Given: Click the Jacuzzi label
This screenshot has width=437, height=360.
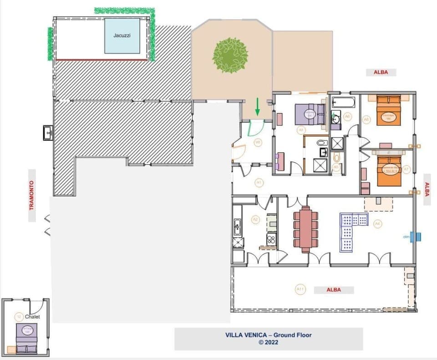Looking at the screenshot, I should point(122,35).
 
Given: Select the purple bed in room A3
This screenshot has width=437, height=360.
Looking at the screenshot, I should point(310,114).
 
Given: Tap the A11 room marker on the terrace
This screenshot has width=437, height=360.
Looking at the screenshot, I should point(300,289).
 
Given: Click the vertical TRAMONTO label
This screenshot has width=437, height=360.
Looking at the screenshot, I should point(32,195).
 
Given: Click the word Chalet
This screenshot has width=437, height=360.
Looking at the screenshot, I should point(32,317).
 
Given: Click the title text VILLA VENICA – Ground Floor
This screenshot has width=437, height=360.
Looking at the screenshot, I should point(269,335).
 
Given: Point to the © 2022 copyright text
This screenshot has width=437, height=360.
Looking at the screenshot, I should point(269,343).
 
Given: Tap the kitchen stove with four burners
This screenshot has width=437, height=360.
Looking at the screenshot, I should point(271,239).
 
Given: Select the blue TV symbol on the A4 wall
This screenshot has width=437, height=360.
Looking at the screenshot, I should point(415,237).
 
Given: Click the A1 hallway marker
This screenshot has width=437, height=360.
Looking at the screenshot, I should point(259,183).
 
